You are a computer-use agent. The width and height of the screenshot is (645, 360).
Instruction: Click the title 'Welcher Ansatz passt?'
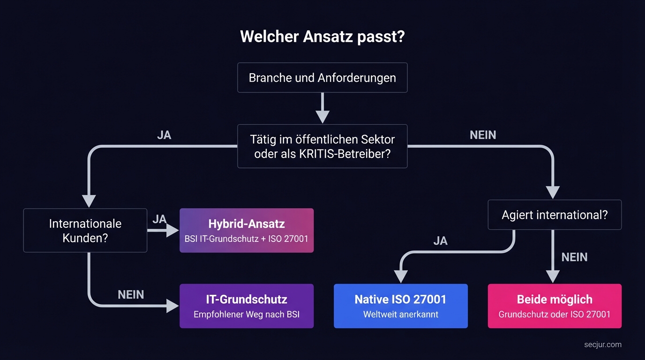[x=322, y=37]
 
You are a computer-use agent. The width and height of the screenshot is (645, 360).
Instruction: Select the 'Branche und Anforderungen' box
[x=322, y=77]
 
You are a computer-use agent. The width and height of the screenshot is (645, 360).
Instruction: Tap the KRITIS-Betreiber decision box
[x=322, y=146]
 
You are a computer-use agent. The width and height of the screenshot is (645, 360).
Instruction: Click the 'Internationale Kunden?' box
[x=85, y=231]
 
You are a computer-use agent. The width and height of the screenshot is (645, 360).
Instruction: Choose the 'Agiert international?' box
[x=555, y=215]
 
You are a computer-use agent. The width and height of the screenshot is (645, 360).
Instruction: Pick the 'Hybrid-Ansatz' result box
[x=247, y=230]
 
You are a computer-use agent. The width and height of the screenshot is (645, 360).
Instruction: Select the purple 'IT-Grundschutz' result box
[x=247, y=306]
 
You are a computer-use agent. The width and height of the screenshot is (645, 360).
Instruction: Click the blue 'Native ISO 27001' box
[x=400, y=306]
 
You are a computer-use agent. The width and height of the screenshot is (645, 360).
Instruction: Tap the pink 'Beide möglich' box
[x=555, y=306]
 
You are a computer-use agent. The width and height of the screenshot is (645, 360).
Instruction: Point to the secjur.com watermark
[x=603, y=345]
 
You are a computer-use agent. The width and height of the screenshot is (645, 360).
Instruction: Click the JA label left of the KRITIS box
[x=164, y=135]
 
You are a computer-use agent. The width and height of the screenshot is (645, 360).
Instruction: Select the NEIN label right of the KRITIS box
[x=483, y=135]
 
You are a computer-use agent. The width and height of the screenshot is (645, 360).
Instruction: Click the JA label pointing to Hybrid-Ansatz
[x=160, y=219]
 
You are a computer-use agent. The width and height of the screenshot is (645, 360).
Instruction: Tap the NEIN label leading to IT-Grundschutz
[x=131, y=294]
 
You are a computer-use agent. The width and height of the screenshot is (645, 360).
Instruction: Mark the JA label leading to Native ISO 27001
[x=440, y=241]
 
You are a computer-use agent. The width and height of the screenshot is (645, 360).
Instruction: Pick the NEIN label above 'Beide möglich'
[x=574, y=257]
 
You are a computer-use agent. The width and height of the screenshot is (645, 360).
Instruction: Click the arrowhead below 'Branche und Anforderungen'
[x=322, y=116]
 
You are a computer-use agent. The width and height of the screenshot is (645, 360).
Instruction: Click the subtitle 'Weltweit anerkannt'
[x=400, y=315]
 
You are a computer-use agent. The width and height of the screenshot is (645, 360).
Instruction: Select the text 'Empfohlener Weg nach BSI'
[x=247, y=315]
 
